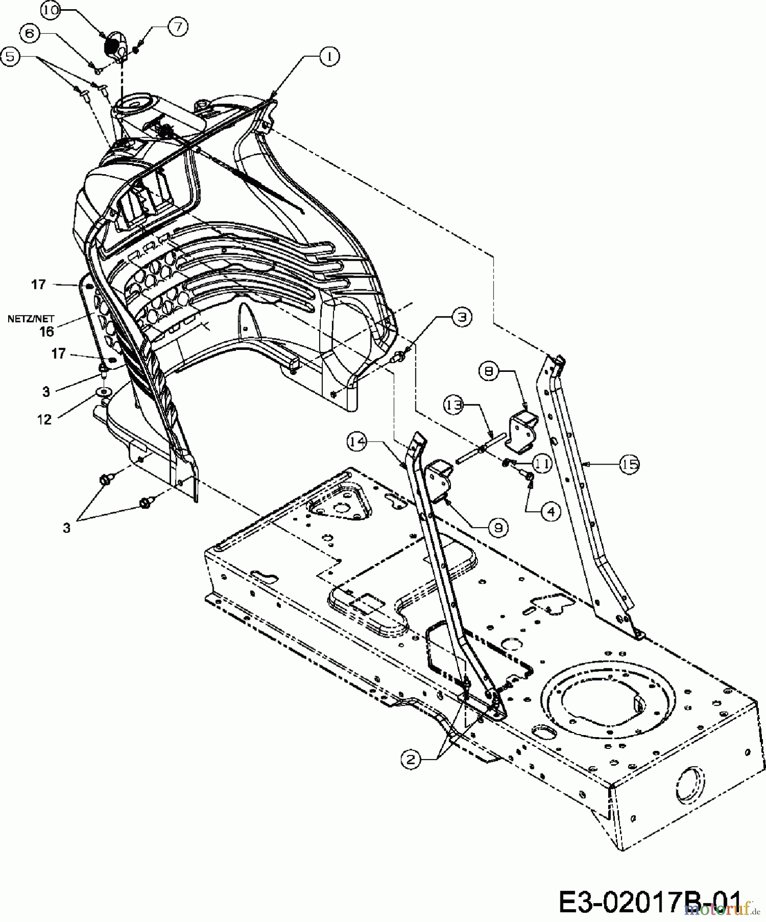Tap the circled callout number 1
(x=329, y=56)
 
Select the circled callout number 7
(x=177, y=27)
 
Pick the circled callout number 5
(x=11, y=56)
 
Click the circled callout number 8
(x=489, y=371)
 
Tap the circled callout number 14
(x=357, y=441)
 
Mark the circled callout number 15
(x=630, y=464)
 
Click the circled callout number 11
(x=542, y=464)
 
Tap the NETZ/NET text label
(x=31, y=319)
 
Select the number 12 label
(x=45, y=420)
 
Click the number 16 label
(x=47, y=331)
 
